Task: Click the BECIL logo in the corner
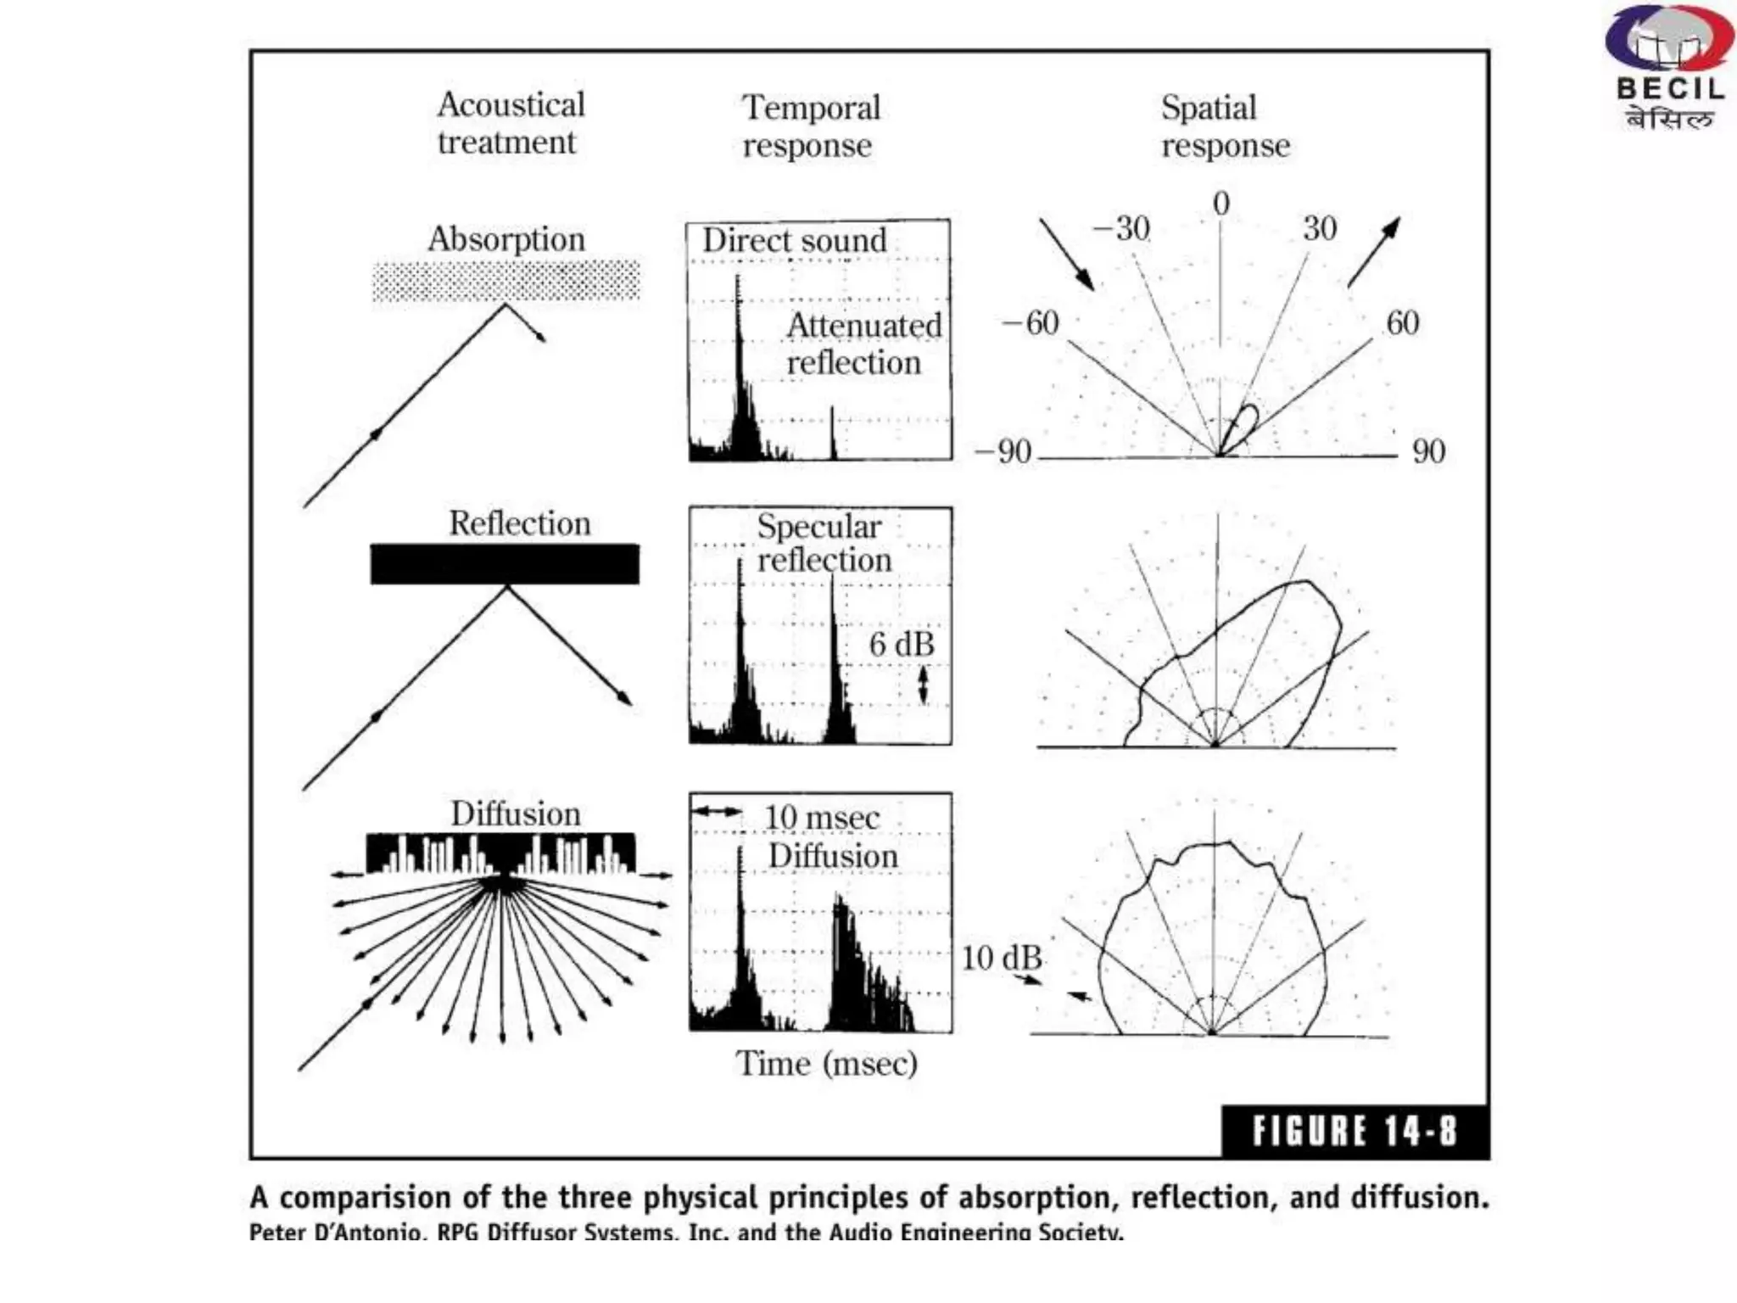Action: click(x=1667, y=68)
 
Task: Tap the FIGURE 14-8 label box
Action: click(x=1354, y=1131)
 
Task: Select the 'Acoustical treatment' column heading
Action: click(x=510, y=123)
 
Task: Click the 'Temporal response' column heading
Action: click(x=810, y=126)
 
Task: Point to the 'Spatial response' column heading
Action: click(x=1224, y=126)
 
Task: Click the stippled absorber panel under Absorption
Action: click(x=506, y=281)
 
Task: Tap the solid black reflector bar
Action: click(x=505, y=564)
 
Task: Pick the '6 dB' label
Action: click(x=901, y=645)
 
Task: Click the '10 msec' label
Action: click(x=821, y=818)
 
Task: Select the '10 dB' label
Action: click(x=1001, y=958)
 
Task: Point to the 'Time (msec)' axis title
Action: click(x=826, y=1063)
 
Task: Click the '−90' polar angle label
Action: click(x=1003, y=451)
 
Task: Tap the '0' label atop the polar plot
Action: click(x=1220, y=204)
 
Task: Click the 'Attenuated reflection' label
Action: click(x=863, y=344)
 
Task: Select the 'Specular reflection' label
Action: click(x=823, y=543)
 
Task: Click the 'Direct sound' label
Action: click(x=794, y=240)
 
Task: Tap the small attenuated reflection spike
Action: click(x=832, y=434)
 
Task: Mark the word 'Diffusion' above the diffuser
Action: click(x=515, y=814)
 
